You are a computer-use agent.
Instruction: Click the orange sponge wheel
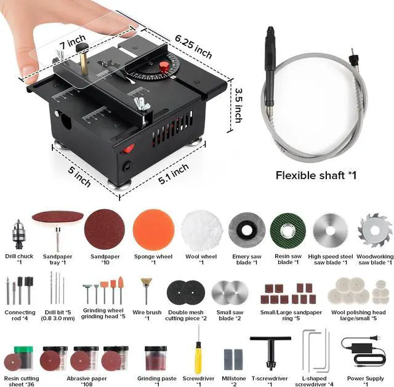coord(153,230)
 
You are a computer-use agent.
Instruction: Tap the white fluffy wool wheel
coord(201,231)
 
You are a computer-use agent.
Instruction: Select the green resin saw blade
coord(287,231)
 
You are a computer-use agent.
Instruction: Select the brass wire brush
coord(147,289)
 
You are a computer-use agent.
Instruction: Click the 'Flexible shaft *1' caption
coord(316,175)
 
